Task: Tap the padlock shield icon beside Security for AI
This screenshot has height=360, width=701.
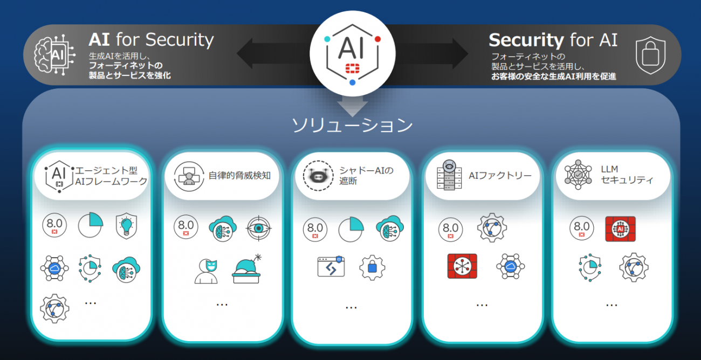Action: click(651, 56)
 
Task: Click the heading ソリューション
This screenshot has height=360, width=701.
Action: click(352, 126)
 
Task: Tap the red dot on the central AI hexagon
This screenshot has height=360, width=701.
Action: click(377, 39)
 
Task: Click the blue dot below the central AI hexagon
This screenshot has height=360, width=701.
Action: click(352, 82)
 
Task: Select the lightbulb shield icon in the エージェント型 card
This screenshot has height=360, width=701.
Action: click(126, 226)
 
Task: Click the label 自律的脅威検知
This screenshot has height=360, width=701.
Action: click(239, 176)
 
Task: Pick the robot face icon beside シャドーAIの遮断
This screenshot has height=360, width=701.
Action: click(318, 176)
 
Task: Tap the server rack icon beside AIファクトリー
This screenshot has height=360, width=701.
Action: click(449, 175)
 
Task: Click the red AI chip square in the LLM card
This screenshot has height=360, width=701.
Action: click(620, 229)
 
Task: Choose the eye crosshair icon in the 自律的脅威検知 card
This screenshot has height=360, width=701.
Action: click(258, 229)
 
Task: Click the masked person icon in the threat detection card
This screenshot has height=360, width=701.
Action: click(207, 271)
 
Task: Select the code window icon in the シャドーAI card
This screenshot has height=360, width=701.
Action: click(331, 266)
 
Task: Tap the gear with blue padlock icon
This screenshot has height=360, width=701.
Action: click(372, 267)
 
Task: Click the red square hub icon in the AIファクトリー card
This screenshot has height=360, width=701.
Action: click(462, 266)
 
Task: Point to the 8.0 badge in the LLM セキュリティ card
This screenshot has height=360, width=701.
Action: click(582, 228)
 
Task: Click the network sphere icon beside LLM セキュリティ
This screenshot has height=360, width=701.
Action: click(578, 175)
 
